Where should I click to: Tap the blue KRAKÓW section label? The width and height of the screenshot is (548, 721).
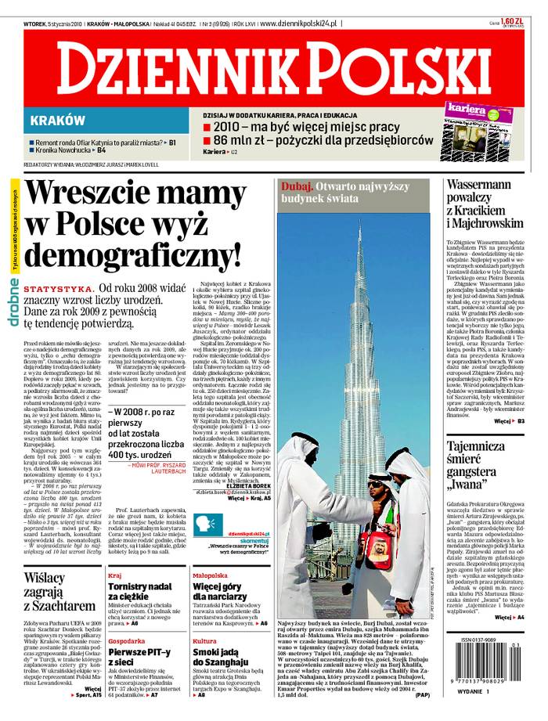point(58,121)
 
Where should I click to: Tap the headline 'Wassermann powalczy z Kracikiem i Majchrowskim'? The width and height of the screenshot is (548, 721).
point(485,204)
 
